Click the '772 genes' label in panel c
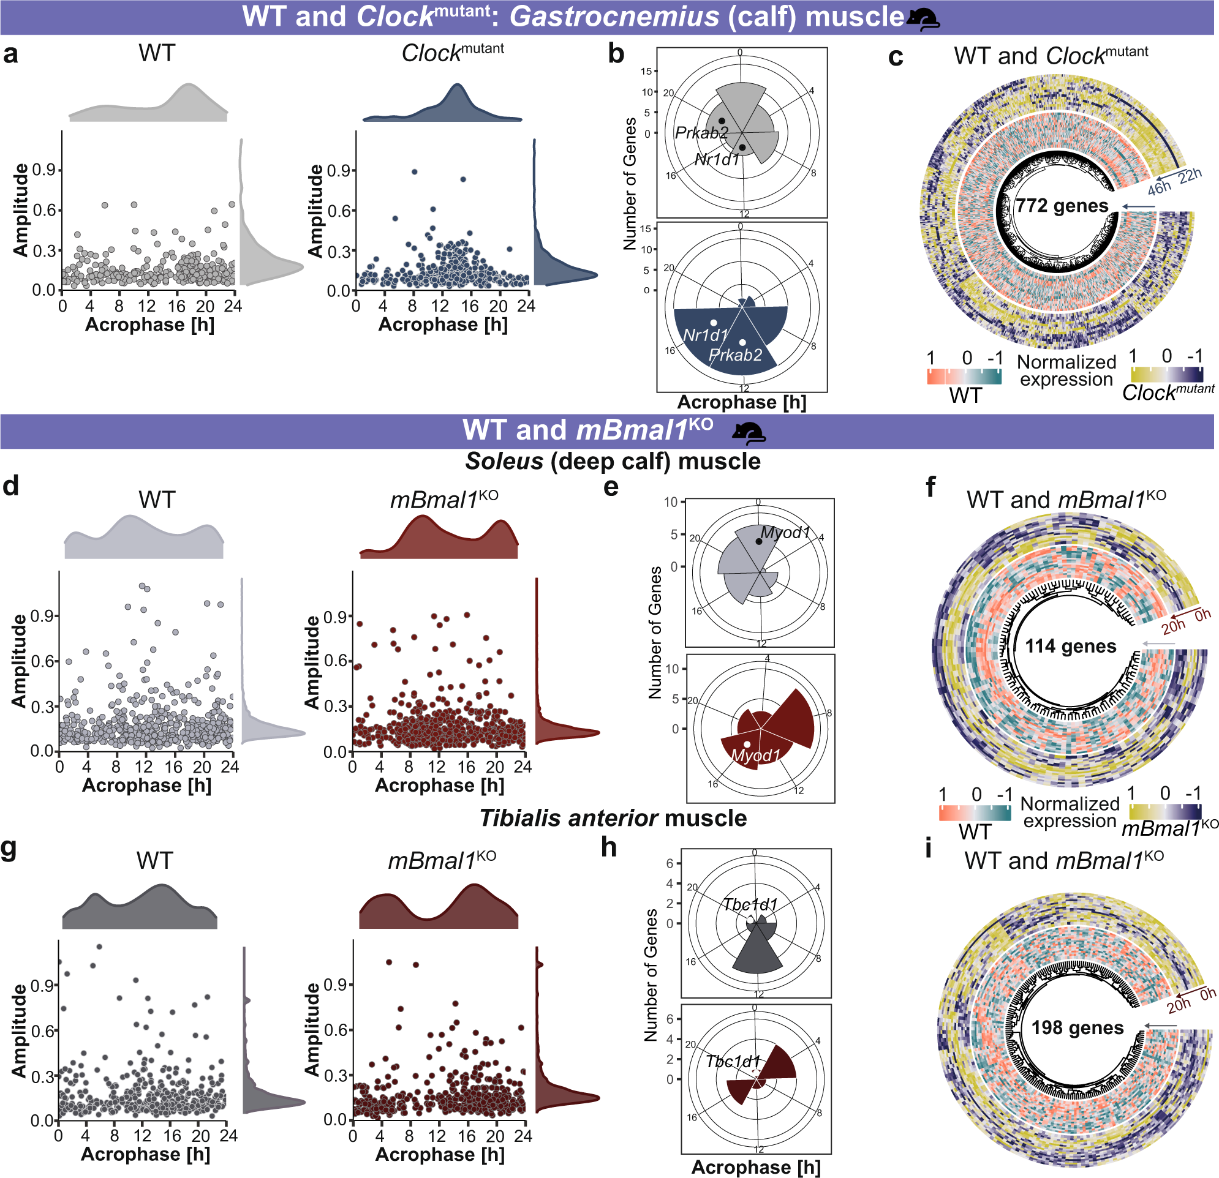pyautogui.click(x=1062, y=206)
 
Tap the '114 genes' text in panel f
pyautogui.click(x=1070, y=647)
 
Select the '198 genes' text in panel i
pyautogui.click(x=1077, y=1027)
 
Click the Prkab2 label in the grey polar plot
pyautogui.click(x=701, y=133)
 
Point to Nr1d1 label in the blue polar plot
pyautogui.click(x=705, y=336)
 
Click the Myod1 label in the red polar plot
pyautogui.click(x=755, y=756)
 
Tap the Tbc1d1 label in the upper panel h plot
pyautogui.click(x=749, y=904)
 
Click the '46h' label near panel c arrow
pyautogui.click(x=1159, y=188)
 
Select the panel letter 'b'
pyautogui.click(x=616, y=54)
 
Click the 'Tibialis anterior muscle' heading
pyautogui.click(x=613, y=818)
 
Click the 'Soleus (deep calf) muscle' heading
pyautogui.click(x=613, y=461)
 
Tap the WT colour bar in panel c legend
pyautogui.click(x=964, y=377)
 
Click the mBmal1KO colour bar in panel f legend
pyautogui.click(x=1166, y=811)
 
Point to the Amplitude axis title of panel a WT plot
pyautogui.click(x=21, y=210)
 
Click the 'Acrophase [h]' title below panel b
pyautogui.click(x=741, y=402)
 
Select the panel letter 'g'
pyautogui.click(x=9, y=849)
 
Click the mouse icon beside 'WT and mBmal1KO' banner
pyautogui.click(x=748, y=433)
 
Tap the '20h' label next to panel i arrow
pyautogui.click(x=1178, y=1006)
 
